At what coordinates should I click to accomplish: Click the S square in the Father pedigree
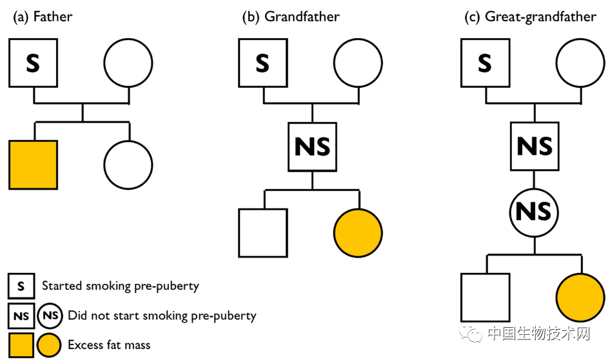point(33,63)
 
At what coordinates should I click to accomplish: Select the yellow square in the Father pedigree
point(33,164)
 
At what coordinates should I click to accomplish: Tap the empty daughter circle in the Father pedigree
point(129,164)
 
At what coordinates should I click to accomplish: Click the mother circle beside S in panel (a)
point(129,63)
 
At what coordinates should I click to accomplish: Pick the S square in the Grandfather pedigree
point(262,63)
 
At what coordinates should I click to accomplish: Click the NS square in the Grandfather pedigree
point(312,146)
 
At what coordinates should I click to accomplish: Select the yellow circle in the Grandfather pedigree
point(358,232)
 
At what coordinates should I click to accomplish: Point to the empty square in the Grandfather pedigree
point(262,232)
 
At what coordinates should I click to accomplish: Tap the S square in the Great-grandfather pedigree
point(485,63)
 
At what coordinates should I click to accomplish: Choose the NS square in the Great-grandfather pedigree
point(535,146)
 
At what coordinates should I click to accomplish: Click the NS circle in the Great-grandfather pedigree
point(535,211)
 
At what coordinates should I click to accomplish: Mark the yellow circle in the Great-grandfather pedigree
point(580,297)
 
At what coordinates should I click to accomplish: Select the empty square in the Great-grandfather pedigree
point(485,297)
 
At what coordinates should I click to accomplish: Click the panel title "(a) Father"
point(43,17)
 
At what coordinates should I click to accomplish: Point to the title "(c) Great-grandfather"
point(530,17)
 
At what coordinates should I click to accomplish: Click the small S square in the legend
point(21,285)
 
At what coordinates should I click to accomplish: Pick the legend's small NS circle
point(50,315)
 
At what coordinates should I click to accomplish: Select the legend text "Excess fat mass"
point(109,345)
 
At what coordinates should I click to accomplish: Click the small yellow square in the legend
point(21,345)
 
